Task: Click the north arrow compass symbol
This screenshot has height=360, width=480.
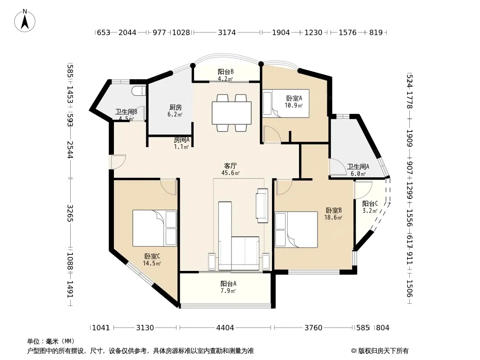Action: click(x=25, y=20)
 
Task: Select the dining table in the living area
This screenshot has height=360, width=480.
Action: click(x=232, y=113)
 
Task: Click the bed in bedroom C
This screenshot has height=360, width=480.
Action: click(x=154, y=228)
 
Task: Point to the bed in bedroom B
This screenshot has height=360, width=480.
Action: click(x=296, y=229)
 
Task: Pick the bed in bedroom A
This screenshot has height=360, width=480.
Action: click(x=285, y=103)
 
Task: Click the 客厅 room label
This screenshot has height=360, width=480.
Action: click(x=230, y=166)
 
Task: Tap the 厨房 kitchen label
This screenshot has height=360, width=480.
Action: click(x=176, y=108)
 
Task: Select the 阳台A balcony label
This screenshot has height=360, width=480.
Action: click(x=228, y=283)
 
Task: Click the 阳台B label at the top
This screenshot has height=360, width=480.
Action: click(x=226, y=72)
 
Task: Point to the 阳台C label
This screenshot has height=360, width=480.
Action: click(x=370, y=204)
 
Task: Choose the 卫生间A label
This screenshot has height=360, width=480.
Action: click(x=358, y=166)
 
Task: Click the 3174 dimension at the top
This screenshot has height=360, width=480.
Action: click(x=227, y=32)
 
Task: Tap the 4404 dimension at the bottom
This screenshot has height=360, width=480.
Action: click(x=225, y=328)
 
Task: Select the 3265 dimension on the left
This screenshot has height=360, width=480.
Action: click(x=70, y=213)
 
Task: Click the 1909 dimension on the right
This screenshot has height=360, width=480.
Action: click(x=410, y=138)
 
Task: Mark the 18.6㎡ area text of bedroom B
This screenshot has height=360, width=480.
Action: click(x=333, y=217)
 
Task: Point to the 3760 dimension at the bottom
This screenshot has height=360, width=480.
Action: click(x=313, y=328)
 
